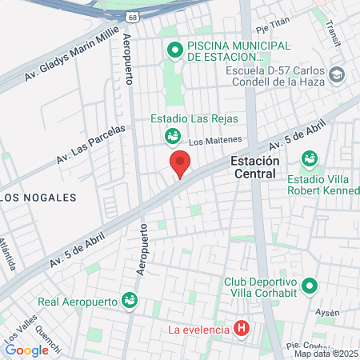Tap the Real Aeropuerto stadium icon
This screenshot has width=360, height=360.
point(129,301)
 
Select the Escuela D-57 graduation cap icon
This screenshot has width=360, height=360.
point(338,74)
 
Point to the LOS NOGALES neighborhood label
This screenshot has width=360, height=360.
point(38,197)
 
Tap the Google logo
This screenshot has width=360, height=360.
point(26,350)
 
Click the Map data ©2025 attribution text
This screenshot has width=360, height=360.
point(326,354)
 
